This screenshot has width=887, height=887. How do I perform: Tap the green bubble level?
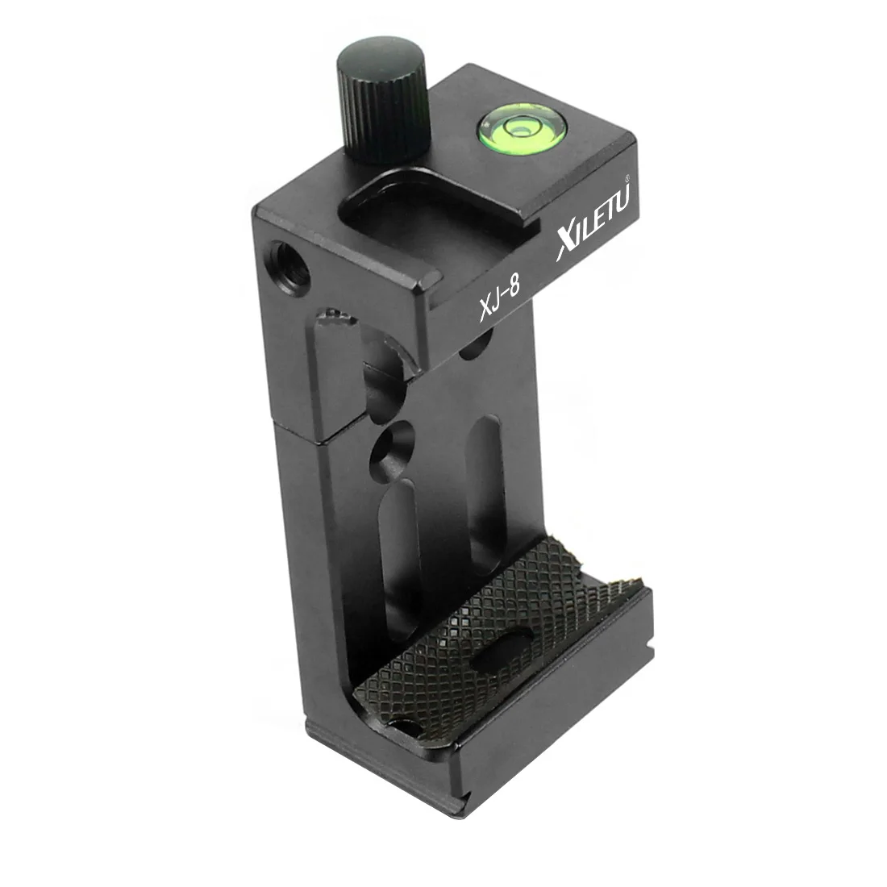[x=516, y=130]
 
